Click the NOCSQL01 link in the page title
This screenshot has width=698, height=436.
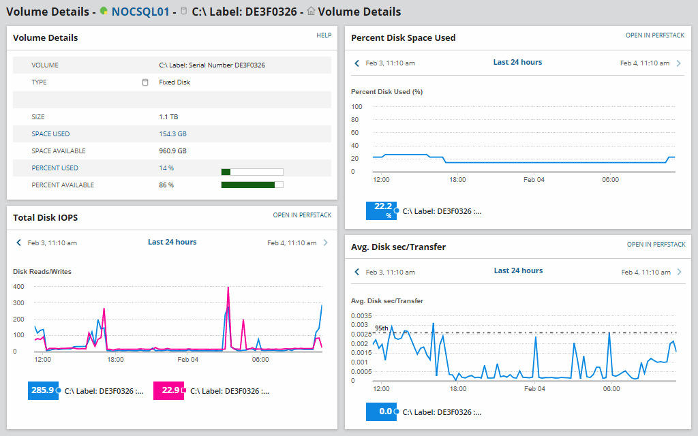(x=140, y=12)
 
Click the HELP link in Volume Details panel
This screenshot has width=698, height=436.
(x=324, y=35)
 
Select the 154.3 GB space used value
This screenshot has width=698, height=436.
(x=172, y=134)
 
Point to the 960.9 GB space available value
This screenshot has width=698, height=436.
(x=172, y=151)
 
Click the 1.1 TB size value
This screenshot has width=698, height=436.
(x=168, y=117)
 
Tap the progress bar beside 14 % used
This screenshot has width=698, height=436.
(x=252, y=172)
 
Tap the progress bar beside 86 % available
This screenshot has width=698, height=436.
(x=252, y=185)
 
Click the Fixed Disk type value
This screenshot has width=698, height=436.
(x=174, y=82)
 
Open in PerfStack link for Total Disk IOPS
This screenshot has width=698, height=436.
(x=302, y=215)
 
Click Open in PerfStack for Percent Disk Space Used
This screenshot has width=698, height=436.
(x=655, y=35)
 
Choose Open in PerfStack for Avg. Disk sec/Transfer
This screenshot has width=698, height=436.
(x=656, y=245)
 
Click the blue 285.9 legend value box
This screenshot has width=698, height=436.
(x=42, y=390)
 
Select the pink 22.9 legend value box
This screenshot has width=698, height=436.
(x=168, y=390)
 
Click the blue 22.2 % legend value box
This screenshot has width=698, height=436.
(x=380, y=211)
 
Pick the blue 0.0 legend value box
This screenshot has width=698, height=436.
(x=380, y=411)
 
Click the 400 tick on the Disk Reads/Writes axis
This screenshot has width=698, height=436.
(x=18, y=287)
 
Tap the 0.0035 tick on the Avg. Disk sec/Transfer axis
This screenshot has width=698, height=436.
(x=361, y=316)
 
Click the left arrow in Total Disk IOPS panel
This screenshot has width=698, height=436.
(x=19, y=243)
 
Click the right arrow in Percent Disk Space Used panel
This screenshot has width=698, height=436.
(x=678, y=63)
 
